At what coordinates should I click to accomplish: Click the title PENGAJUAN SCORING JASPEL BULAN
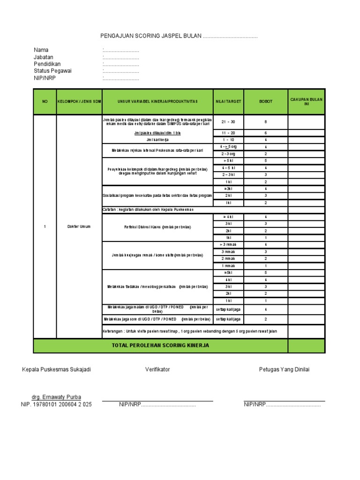coord(151,37)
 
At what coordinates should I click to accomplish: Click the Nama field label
coord(41,50)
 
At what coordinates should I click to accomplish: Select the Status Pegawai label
coord(53,71)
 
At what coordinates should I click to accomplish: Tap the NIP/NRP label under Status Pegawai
coord(45,78)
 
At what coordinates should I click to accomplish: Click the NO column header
coord(45,102)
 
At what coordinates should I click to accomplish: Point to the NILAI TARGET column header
coord(228,102)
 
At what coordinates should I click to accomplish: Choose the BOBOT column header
coord(265,102)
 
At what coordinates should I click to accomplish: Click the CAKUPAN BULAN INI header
coord(306,102)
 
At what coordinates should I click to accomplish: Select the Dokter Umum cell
coord(79,227)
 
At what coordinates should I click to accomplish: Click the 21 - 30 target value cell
coord(228,122)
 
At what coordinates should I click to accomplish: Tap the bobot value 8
coord(265,122)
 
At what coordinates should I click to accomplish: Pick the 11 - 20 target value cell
coord(228,133)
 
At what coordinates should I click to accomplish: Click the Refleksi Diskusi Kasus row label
coord(157,227)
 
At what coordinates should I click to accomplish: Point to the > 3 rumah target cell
coord(228,245)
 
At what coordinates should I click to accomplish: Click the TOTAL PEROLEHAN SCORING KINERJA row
coord(160,345)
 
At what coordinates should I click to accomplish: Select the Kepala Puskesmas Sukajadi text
coord(56,369)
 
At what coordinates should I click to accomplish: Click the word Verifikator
coord(157,369)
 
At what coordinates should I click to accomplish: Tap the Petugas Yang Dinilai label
coord(284,369)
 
